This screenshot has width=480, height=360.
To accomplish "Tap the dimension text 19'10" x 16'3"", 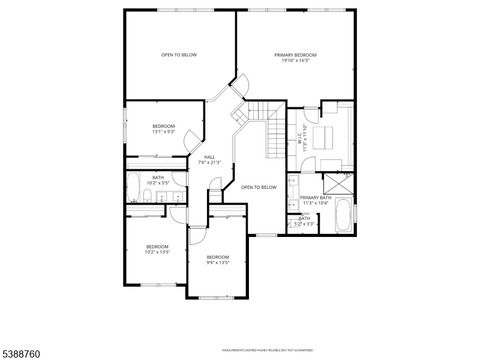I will click(x=296, y=60).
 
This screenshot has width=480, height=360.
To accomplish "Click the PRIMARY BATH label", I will click(x=316, y=197).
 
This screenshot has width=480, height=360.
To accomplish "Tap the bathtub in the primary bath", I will click(x=343, y=215).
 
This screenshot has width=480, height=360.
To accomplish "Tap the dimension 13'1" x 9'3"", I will click(x=164, y=131).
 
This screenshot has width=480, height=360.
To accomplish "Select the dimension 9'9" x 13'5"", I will click(x=217, y=262).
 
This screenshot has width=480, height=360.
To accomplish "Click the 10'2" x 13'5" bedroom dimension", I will click(x=158, y=252).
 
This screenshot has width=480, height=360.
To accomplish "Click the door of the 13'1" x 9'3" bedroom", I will click(x=194, y=142).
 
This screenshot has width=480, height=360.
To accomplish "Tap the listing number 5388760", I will click(x=20, y=355).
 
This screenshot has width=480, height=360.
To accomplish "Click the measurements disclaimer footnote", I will click(x=268, y=350).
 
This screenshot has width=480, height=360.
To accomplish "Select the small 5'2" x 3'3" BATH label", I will click(x=304, y=218).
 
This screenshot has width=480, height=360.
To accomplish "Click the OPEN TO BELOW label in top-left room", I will click(x=179, y=55).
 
